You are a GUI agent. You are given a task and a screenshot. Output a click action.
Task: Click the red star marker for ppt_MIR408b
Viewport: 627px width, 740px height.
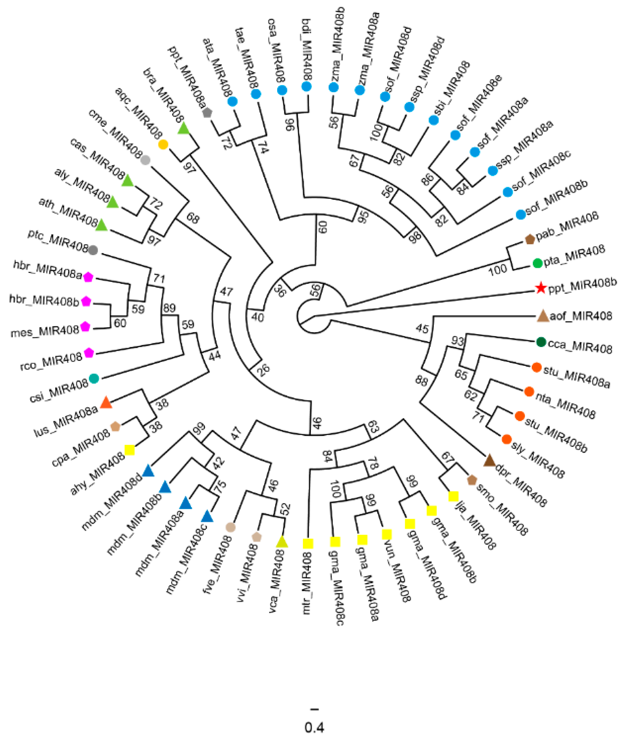click(540, 288)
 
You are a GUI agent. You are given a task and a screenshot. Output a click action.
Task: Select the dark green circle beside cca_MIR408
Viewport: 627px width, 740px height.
click(541, 342)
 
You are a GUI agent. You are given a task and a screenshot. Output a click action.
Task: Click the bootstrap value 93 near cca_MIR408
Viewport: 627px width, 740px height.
click(458, 341)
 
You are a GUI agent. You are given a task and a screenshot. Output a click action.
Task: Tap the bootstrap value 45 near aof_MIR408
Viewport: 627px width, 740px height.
click(422, 328)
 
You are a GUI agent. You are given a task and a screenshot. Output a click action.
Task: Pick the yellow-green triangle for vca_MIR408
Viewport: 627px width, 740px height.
click(282, 542)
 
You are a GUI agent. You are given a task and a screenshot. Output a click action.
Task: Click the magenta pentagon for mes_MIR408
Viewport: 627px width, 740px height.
click(85, 327)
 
